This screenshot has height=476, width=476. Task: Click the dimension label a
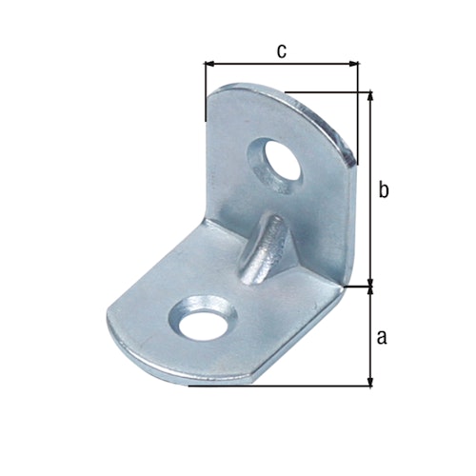pyautogui.click(x=382, y=335)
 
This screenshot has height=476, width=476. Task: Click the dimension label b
pyautogui.click(x=383, y=190)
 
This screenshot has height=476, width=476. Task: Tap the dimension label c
pyautogui.click(x=283, y=51)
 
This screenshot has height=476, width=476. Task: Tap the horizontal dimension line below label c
pyautogui.click(x=283, y=65)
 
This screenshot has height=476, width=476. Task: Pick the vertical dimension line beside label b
pyautogui.click(x=369, y=190)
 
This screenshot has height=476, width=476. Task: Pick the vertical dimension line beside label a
pyautogui.click(x=369, y=335)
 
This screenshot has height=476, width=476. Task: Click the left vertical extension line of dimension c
pyautogui.click(x=205, y=90)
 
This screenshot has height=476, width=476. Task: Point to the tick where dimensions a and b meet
pyautogui.click(x=369, y=284)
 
